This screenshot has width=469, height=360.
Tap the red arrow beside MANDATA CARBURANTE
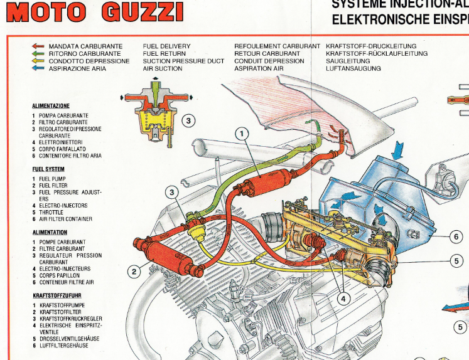tap(38, 46)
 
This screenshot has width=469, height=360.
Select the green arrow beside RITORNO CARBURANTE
tap(38, 54)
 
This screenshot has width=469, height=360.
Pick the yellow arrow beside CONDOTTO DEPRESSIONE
tap(38, 61)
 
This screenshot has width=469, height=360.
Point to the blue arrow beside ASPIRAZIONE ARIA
tap(38, 69)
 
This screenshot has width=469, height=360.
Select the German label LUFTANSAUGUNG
tap(353, 69)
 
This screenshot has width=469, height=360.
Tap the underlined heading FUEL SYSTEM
tap(48, 169)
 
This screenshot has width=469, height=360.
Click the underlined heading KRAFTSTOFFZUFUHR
tap(57, 295)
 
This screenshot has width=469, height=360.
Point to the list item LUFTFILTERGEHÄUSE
tap(63, 346)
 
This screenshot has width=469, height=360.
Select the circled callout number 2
tap(134, 272)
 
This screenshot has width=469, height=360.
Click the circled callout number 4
tap(343, 299)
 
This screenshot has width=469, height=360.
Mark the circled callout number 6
tap(456, 237)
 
